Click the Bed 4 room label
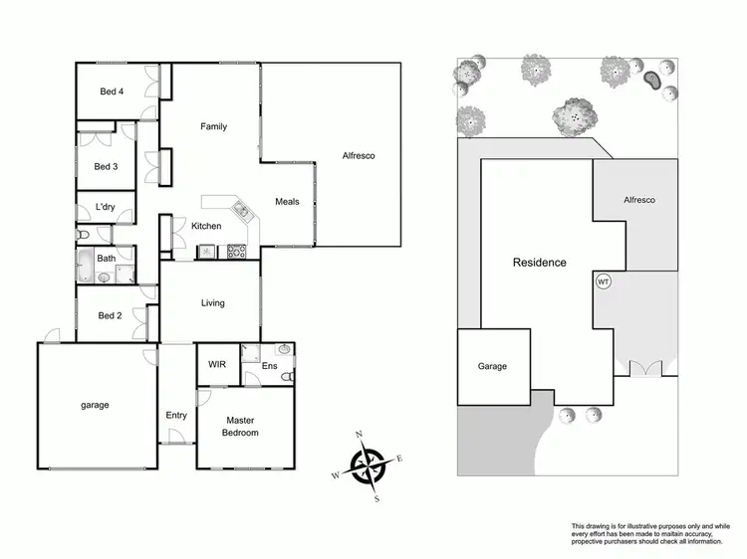coord(112,93)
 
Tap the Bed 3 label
coord(107,167)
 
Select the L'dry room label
coord(106,208)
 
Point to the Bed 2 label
coord(110,316)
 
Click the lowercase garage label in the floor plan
coord(95,405)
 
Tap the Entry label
coord(176,416)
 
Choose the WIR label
coord(217,365)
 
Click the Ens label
coord(269,367)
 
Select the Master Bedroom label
coord(241,427)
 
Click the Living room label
coord(212,303)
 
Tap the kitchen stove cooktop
coord(237,252)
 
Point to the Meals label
coord(287,202)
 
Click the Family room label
coord(213,127)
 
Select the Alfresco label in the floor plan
coord(358,156)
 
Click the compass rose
coord(368,466)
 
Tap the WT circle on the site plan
coord(603,281)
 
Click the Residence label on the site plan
coord(539,263)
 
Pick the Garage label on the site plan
coord(492,367)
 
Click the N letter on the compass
coord(360,435)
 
